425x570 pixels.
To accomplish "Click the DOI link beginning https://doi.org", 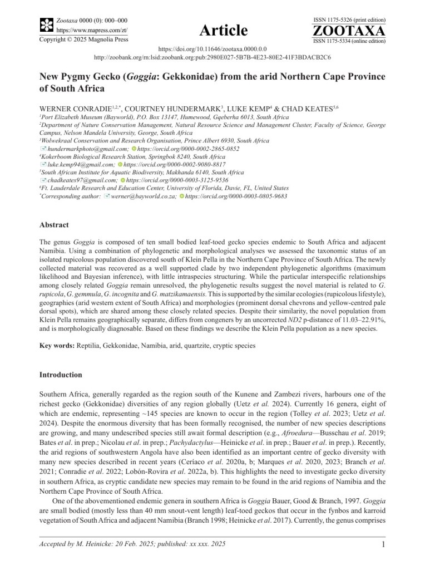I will click(212, 49).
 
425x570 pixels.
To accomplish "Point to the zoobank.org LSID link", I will click(212, 57).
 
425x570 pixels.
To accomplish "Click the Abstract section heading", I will click(54, 225).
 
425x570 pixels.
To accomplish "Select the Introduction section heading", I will click(61, 375).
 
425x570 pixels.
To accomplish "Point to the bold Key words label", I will click(57, 346).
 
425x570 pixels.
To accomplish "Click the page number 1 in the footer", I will click(383, 544).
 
